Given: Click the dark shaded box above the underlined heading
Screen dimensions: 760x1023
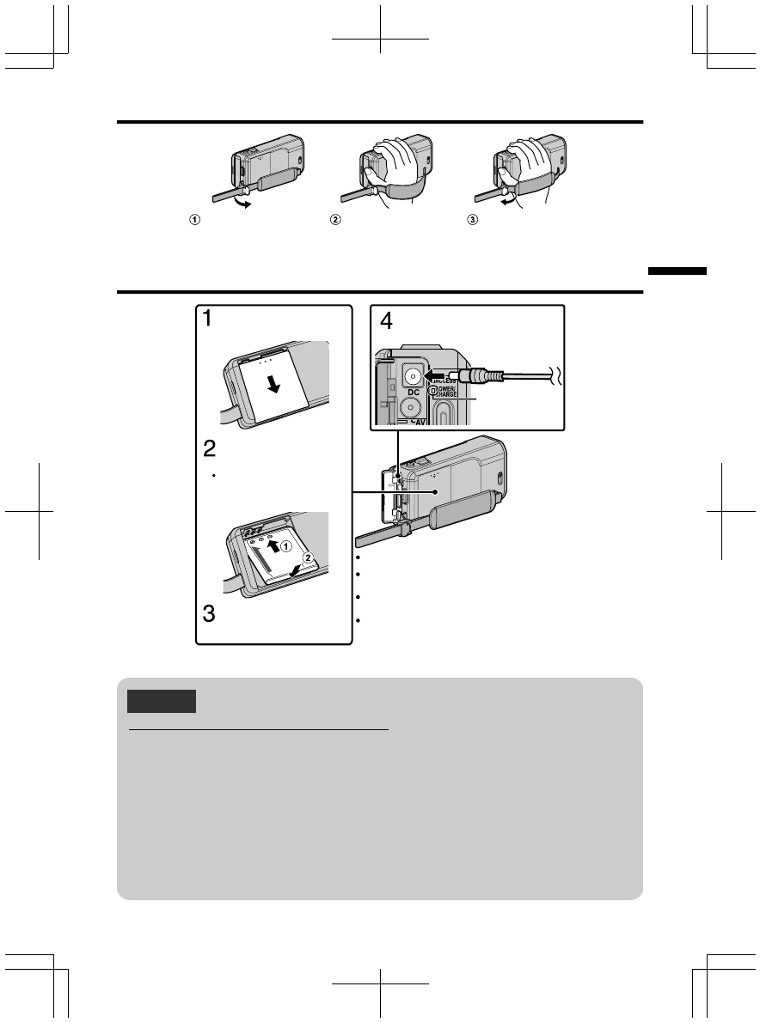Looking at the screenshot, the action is pos(162,701).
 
